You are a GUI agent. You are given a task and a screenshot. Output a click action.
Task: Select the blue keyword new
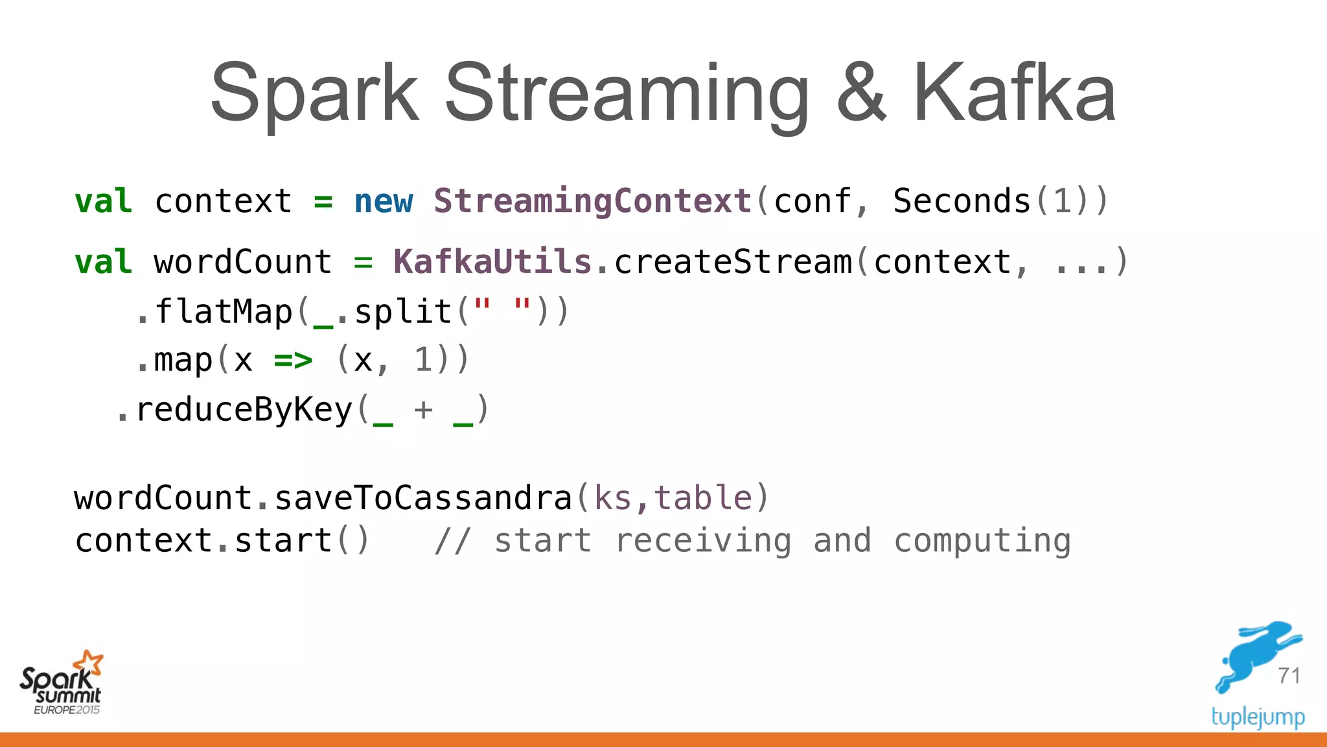tap(383, 201)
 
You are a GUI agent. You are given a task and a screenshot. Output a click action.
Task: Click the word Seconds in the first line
tap(962, 201)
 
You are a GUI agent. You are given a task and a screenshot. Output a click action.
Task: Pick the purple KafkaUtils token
tap(492, 262)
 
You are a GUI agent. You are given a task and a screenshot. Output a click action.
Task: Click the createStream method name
tap(733, 262)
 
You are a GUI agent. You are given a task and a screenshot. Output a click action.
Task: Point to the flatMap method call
tap(224, 312)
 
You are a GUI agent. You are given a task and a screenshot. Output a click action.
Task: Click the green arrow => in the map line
tap(293, 360)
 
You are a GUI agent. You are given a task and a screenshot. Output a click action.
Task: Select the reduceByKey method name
tap(244, 410)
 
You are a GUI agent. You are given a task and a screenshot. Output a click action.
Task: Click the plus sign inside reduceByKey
tap(423, 410)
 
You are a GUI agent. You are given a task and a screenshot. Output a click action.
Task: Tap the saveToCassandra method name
tap(423, 498)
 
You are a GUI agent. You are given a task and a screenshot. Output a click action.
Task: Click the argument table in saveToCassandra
tap(702, 498)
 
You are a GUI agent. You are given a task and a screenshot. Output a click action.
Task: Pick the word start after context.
tap(283, 540)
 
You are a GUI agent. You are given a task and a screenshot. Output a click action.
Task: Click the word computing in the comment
tap(982, 540)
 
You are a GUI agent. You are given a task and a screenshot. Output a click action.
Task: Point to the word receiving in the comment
tap(703, 540)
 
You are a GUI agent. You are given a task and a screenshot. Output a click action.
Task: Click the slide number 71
tap(1289, 676)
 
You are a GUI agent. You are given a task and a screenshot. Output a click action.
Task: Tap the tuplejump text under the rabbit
tap(1258, 717)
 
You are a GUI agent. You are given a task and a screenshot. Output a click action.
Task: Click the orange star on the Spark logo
tap(89, 663)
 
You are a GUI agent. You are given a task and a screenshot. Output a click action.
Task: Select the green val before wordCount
tap(103, 262)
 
